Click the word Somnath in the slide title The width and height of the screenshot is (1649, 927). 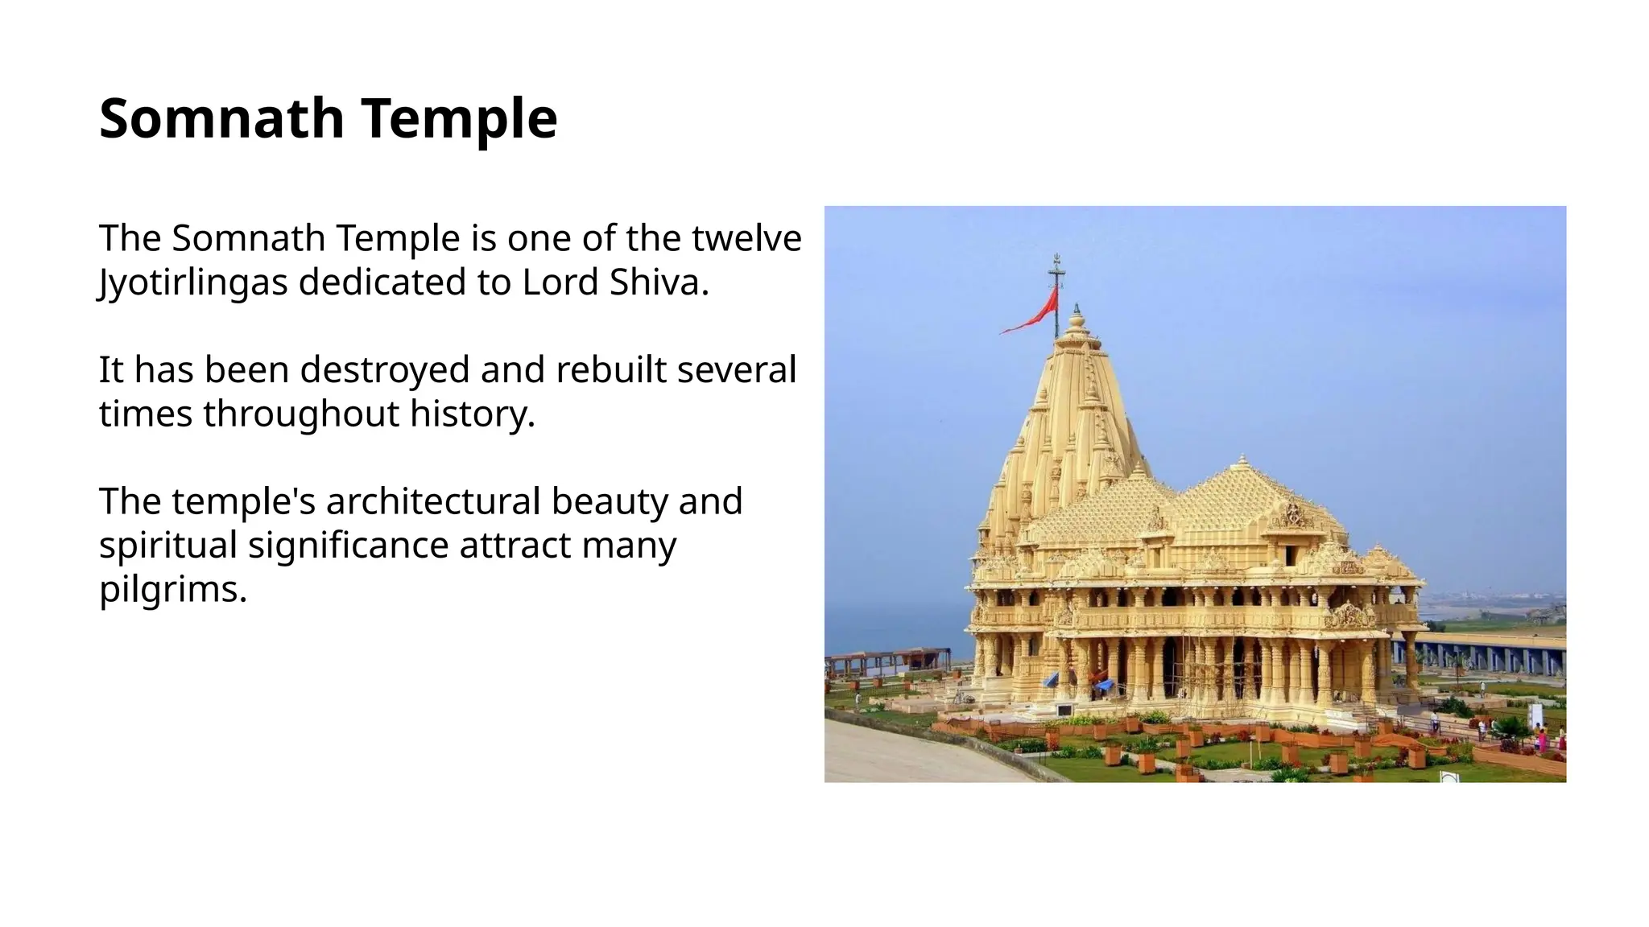tap(222, 118)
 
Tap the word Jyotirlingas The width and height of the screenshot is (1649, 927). tap(193, 282)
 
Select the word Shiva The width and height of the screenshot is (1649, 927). tap(658, 282)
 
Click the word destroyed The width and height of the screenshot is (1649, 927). tap(385, 370)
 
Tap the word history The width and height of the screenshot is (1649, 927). tap(472, 414)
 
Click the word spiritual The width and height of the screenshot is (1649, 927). tap(167, 546)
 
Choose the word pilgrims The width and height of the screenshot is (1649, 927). tap(172, 590)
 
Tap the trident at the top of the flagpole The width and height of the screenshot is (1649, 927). tap(1056, 266)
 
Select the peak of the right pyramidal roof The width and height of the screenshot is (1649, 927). tap(1243, 461)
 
